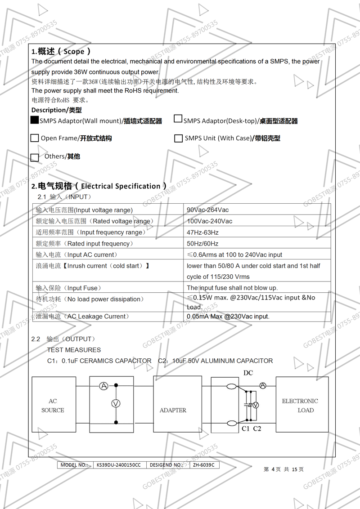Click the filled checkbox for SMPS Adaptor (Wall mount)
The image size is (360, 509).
pos(35,120)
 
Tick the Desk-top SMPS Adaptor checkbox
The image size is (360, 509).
pos(178,119)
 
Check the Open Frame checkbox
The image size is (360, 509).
pos(35,138)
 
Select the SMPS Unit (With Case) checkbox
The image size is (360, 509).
pos(178,138)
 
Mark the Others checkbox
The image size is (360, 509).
pos(35,157)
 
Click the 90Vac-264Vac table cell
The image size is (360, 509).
pos(207,210)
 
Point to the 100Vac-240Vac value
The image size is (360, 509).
pos(209,221)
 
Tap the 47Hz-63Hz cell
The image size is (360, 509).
pos(202,232)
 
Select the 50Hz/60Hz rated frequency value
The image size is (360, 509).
pos(202,244)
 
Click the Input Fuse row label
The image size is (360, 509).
pos(68,288)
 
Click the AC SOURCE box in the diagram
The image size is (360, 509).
pos(53,406)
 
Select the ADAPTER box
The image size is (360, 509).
pos(173,410)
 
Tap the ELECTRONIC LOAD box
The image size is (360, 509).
pos(300,405)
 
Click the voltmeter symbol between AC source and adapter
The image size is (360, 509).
pos(116,404)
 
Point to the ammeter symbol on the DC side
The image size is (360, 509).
pos(263,386)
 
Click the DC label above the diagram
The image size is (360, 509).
pos(248,373)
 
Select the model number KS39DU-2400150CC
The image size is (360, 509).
pos(118,465)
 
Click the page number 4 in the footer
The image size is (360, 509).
pos(273,469)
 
